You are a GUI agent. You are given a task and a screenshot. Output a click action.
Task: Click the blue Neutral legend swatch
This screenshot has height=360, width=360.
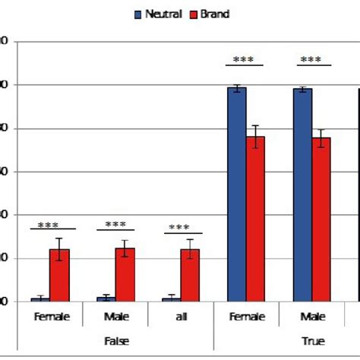tap(137, 14)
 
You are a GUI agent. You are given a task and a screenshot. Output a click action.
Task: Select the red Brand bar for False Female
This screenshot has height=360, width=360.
tap(59, 275)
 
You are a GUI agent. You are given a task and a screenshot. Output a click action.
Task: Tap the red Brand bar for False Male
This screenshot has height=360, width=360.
tap(125, 274)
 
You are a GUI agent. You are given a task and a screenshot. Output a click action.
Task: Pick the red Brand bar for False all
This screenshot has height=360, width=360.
tap(190, 275)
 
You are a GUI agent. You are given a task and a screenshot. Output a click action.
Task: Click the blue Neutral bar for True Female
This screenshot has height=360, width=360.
tap(237, 194)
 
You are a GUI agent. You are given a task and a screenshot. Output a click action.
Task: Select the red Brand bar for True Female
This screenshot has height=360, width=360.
tap(255, 219)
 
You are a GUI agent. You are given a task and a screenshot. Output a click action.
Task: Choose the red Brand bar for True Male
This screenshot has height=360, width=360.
tap(321, 219)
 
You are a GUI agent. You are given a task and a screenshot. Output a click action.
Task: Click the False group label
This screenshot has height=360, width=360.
tap(115, 341)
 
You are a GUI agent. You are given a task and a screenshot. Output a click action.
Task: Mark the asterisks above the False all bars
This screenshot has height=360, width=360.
tap(179, 228)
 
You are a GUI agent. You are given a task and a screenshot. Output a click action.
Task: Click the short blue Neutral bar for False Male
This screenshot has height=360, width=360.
tap(106, 298)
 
